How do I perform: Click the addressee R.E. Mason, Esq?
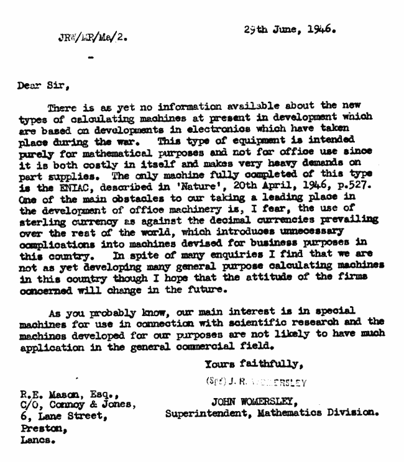pos(64,393)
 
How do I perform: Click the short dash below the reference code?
pos(92,59)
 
